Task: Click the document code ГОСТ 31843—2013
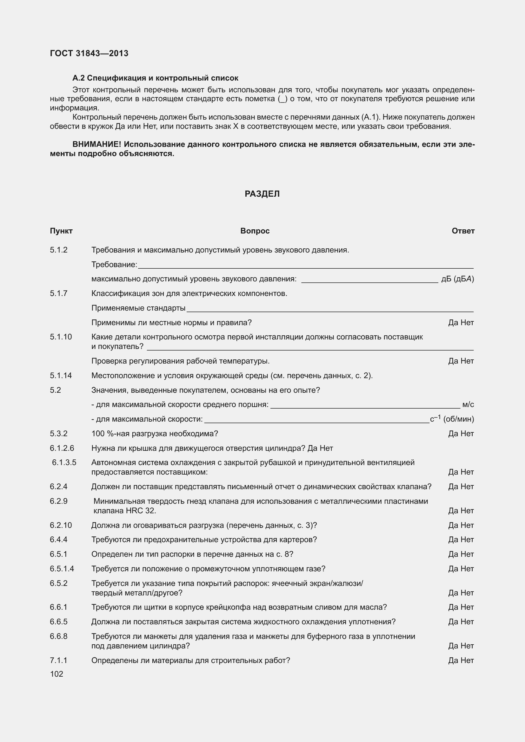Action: pos(89,53)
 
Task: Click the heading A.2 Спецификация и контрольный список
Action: pos(155,78)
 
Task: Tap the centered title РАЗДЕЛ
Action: pos(262,194)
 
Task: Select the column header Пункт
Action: pos(61,231)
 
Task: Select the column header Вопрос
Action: pos(255,231)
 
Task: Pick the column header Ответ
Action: pos(463,231)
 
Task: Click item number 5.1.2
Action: pos(58,250)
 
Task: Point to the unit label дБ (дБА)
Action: pos(457,279)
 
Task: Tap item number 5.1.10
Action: pos(61,337)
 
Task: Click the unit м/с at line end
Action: pos(468,404)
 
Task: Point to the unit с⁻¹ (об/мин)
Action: pos(452,419)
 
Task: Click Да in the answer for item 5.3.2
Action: pos(453,434)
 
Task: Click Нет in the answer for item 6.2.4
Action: pos(467,487)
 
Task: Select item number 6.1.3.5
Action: pos(64,463)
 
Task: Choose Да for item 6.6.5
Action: pos(453,622)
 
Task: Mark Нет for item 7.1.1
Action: pos(467,660)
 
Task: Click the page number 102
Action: pos(56,674)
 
